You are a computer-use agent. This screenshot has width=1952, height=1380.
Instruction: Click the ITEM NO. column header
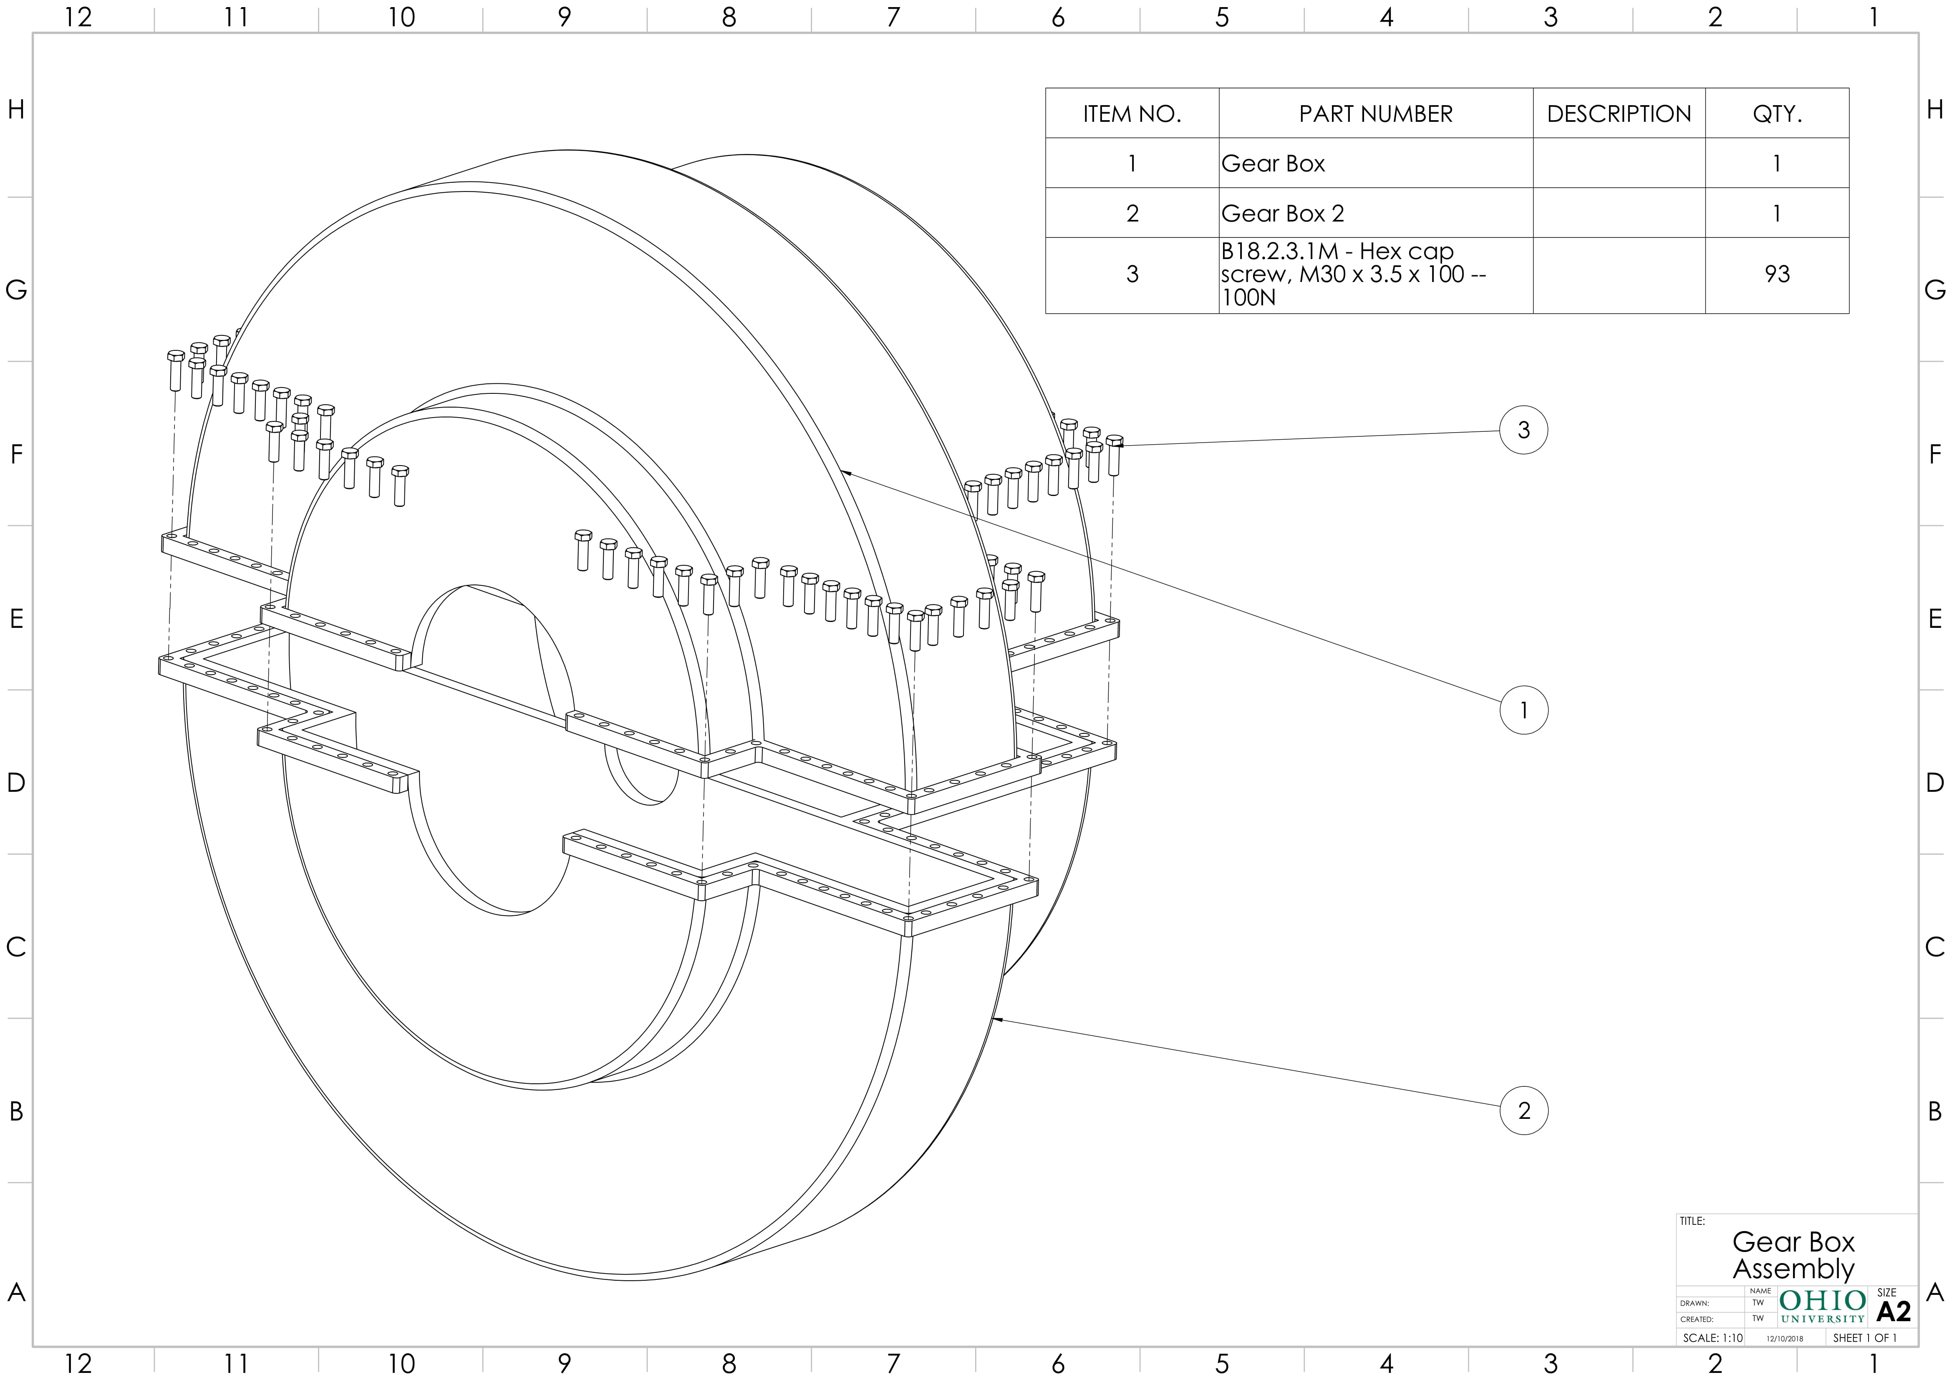(x=1132, y=114)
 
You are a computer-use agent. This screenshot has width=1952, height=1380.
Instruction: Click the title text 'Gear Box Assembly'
(x=1793, y=1255)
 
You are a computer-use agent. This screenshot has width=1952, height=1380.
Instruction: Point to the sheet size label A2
(x=1893, y=1311)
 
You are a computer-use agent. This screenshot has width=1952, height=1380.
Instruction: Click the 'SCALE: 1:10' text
(x=1712, y=1337)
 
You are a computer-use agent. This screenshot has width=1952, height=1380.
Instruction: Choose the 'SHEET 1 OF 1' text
(x=1864, y=1337)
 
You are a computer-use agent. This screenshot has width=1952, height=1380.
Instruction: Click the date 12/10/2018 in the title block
(x=1785, y=1338)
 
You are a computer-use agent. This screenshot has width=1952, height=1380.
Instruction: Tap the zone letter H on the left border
(x=15, y=110)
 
